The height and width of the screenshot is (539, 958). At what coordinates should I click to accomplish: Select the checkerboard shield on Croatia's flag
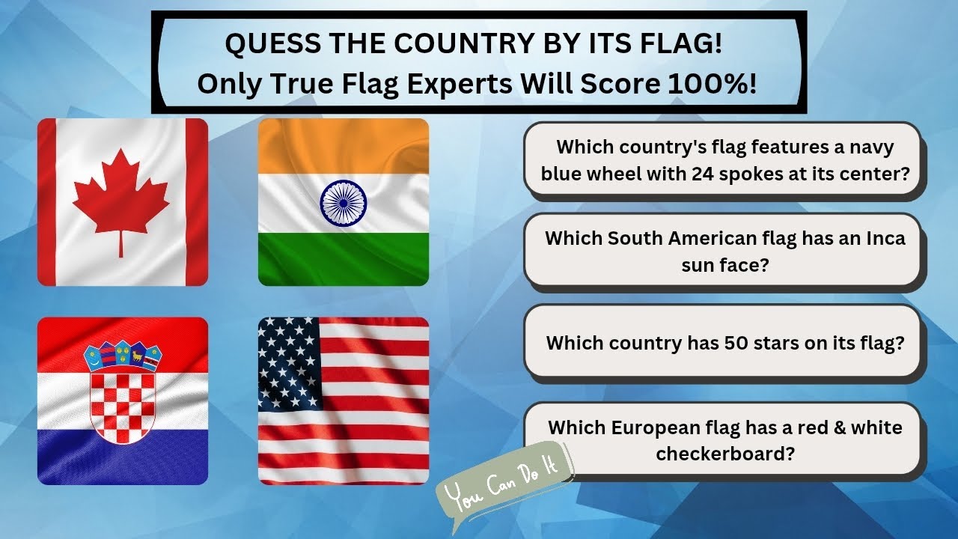pyautogui.click(x=122, y=406)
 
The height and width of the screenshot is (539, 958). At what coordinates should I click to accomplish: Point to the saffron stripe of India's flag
pyautogui.click(x=343, y=146)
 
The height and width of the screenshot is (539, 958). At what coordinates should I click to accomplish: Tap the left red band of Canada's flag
pyautogui.click(x=46, y=202)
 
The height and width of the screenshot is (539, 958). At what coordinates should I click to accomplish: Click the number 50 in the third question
pyautogui.click(x=736, y=343)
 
